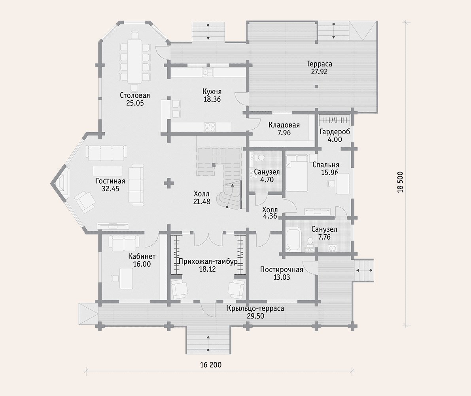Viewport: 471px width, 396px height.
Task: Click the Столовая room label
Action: coord(135,95)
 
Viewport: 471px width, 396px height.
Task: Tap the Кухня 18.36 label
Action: coord(212,95)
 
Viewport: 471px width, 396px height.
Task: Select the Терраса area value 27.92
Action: coord(319,72)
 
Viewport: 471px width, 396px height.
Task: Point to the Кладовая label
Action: coord(284,125)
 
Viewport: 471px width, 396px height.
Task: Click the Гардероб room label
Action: coord(335,132)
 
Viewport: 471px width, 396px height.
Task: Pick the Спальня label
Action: coord(326,165)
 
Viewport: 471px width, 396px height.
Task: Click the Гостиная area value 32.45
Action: coord(111,189)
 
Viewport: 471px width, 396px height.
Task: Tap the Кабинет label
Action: coord(142,257)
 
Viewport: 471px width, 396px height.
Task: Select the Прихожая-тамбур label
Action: coord(208,261)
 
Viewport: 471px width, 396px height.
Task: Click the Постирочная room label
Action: coord(282,269)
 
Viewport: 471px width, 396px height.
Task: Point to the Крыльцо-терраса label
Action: coord(255,308)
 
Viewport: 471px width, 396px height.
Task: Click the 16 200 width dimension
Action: coord(211,365)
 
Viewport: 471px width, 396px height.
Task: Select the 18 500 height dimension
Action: coord(400,182)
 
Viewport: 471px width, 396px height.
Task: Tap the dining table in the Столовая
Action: coord(134,62)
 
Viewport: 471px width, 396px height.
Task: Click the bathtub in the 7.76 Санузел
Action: coord(293,240)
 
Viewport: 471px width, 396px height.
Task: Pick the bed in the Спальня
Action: coord(297,173)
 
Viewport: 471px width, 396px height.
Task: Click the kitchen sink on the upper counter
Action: coord(208,72)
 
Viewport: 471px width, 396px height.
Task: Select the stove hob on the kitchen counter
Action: coord(210,127)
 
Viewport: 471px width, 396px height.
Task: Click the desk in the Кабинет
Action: coord(127,278)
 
